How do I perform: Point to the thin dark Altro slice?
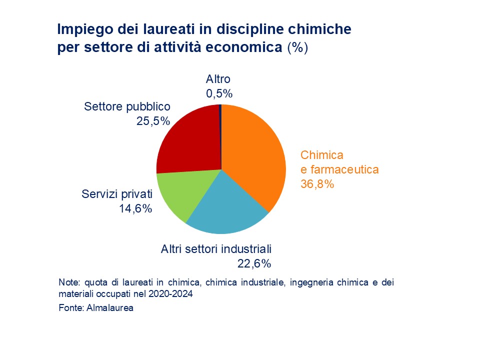click(x=220, y=112)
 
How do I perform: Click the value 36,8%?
click(x=316, y=184)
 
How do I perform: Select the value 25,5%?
click(x=153, y=120)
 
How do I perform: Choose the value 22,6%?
click(x=254, y=263)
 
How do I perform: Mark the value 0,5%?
click(x=219, y=93)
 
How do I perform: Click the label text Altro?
click(x=218, y=79)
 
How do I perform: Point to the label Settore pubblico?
click(x=127, y=106)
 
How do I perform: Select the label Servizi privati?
click(x=116, y=194)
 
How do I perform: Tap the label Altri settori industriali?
click(x=215, y=248)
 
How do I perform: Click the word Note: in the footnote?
click(x=68, y=282)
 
